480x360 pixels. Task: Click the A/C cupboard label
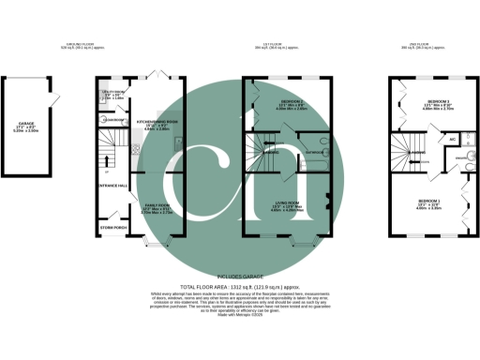tap(452, 139)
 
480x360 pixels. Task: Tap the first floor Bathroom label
tap(314, 151)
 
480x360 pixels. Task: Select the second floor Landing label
tap(421, 152)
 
